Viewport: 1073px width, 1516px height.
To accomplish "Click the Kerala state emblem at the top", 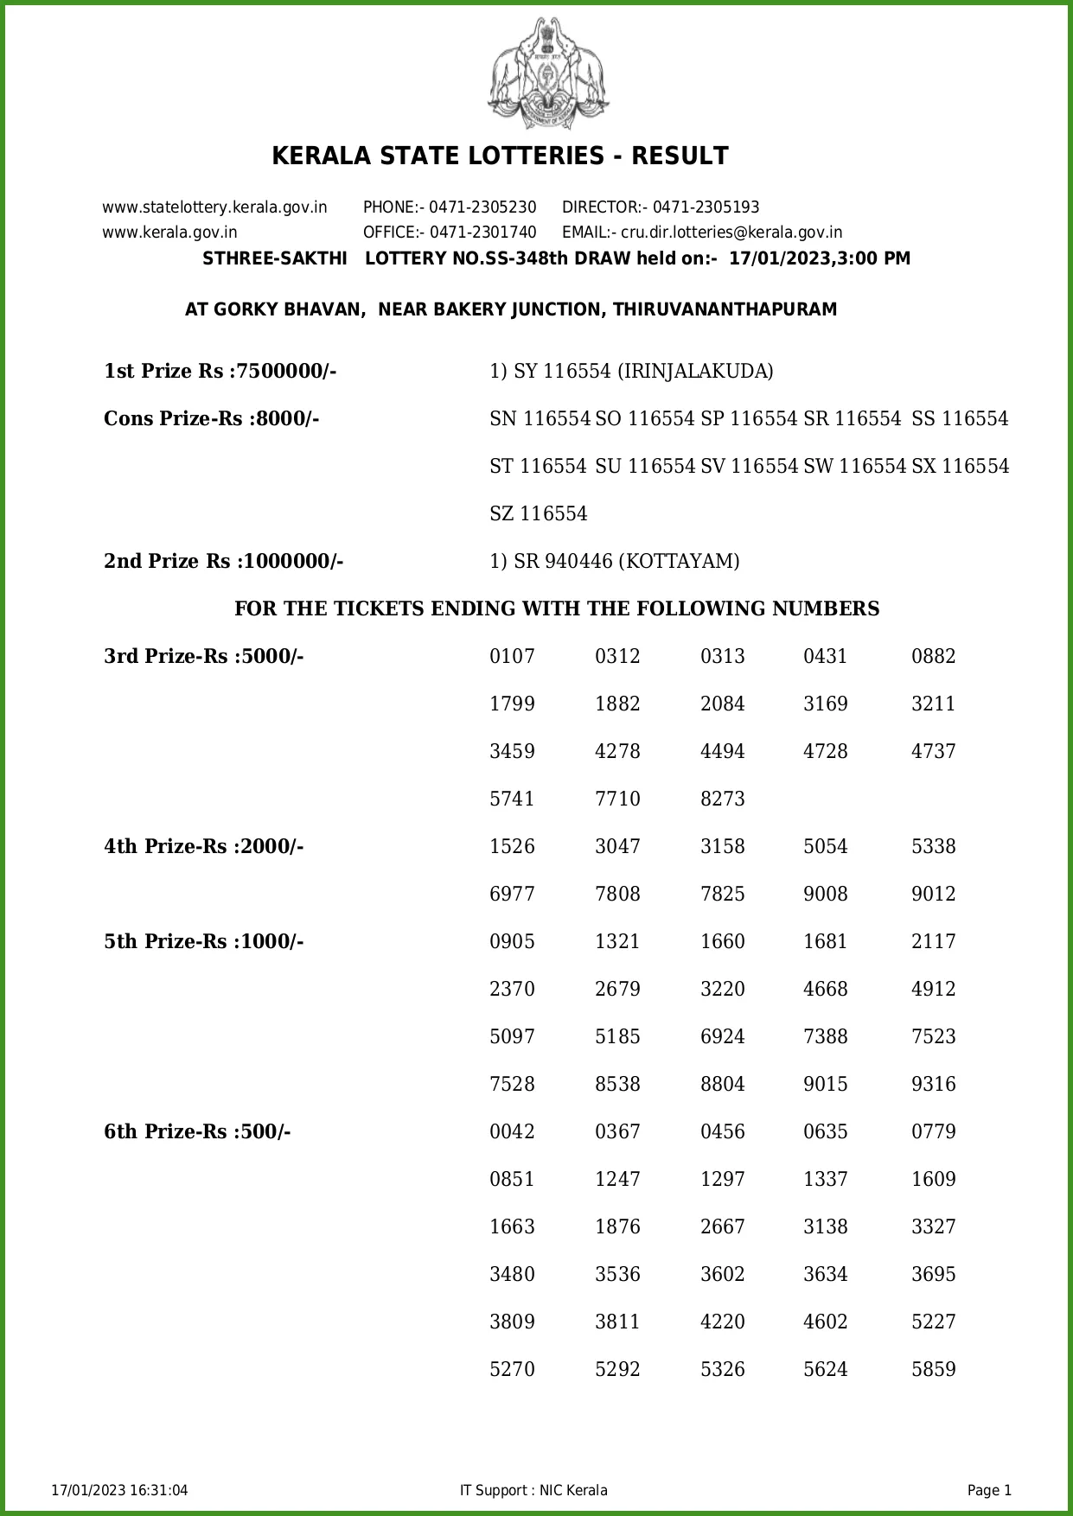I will pyautogui.click(x=548, y=73).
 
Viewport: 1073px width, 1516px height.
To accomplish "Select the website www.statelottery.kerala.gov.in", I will pyautogui.click(x=214, y=207).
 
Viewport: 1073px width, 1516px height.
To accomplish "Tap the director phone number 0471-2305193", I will pyautogui.click(x=706, y=207).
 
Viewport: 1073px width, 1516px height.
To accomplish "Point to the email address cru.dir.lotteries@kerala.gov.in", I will pyautogui.click(x=731, y=232).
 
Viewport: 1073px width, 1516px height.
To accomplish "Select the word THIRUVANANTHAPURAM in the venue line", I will pyautogui.click(x=725, y=309).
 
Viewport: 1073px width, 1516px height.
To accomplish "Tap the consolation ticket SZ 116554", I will pyautogui.click(x=538, y=514).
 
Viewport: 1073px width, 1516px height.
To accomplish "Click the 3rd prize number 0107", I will pyautogui.click(x=512, y=657).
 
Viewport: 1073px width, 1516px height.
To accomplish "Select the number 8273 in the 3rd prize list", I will pyautogui.click(x=722, y=799).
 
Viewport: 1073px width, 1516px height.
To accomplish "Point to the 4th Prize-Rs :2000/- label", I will pyautogui.click(x=203, y=847).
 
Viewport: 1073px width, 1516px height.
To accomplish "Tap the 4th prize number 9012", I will pyautogui.click(x=933, y=895).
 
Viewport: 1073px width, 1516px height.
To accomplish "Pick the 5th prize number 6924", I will pyautogui.click(x=722, y=1037).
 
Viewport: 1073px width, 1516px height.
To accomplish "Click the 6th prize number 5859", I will pyautogui.click(x=933, y=1370).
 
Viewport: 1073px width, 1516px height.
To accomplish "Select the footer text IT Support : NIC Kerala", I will pyautogui.click(x=533, y=1490).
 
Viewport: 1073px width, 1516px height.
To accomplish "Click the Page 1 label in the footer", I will pyautogui.click(x=989, y=1490).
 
